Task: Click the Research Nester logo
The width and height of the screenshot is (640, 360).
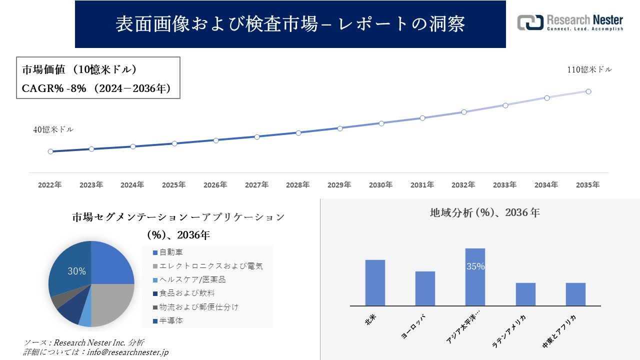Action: pyautogui.click(x=570, y=22)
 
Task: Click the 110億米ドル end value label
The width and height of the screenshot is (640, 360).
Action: pyautogui.click(x=589, y=70)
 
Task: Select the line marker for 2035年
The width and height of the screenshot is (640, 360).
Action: pyautogui.click(x=588, y=91)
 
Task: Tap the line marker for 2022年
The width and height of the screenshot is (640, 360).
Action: pyautogui.click(x=50, y=151)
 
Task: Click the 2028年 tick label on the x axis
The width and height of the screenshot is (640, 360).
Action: pyautogui.click(x=298, y=185)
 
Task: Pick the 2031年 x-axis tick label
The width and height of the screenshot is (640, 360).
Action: pyautogui.click(x=422, y=185)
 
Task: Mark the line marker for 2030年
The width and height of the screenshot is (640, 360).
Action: pyautogui.click(x=381, y=123)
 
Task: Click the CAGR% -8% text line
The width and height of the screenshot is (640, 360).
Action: pyautogui.click(x=97, y=88)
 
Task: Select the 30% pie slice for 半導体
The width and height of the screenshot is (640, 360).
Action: pyautogui.click(x=70, y=267)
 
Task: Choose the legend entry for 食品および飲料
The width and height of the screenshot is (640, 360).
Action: pyautogui.click(x=186, y=293)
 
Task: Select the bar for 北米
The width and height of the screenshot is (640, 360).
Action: pyautogui.click(x=375, y=282)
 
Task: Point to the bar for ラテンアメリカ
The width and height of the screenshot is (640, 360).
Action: pyautogui.click(x=525, y=294)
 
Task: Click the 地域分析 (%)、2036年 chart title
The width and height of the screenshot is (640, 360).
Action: pyautogui.click(x=484, y=212)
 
